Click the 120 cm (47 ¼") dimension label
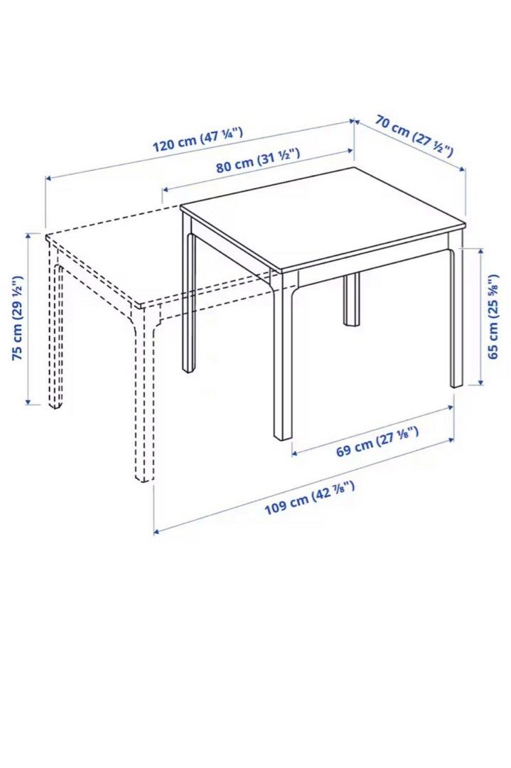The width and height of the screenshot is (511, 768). tap(198, 139)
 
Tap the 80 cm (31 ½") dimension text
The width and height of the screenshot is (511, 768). tap(258, 160)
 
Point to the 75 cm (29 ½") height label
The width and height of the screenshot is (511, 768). tap(19, 319)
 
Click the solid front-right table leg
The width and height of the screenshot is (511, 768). tap(456, 320)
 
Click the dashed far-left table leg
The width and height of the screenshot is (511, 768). tap(55, 334)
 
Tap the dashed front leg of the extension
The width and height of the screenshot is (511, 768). tap(144, 398)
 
